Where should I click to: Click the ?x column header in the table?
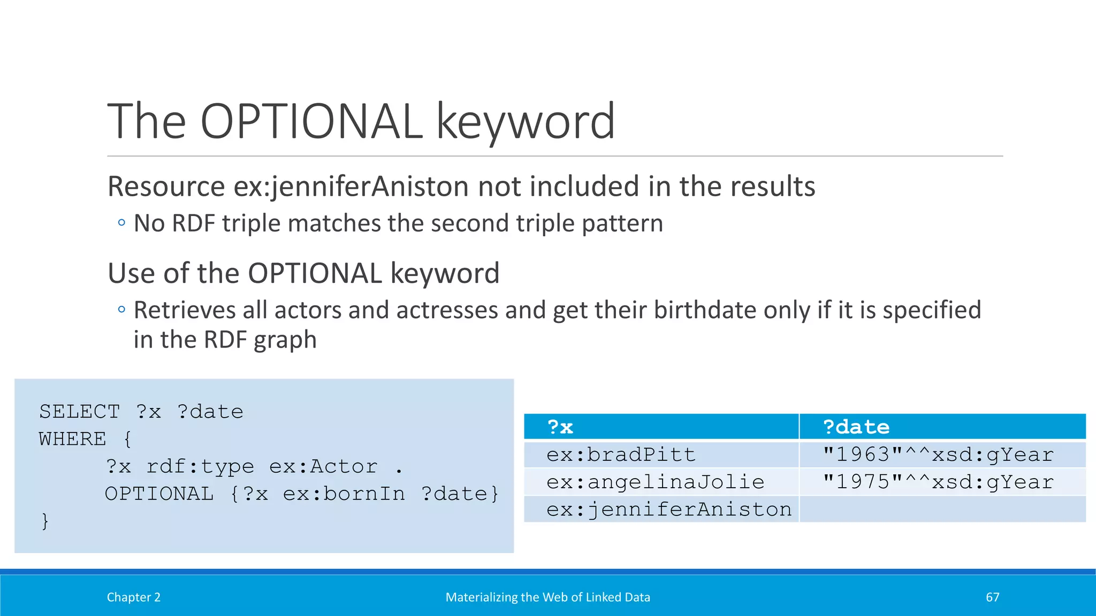(560, 427)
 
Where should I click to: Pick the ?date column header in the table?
(856, 427)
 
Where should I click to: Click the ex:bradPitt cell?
(621, 455)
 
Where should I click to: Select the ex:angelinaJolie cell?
(655, 482)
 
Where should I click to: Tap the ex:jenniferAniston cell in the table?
(668, 510)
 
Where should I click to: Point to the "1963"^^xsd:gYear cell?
(938, 455)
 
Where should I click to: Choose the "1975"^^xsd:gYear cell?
(938, 482)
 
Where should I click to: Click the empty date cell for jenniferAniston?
(942, 510)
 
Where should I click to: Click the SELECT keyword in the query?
(79, 412)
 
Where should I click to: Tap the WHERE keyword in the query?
(72, 439)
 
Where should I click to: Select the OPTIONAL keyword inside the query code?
(159, 494)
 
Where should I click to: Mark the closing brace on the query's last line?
(45, 521)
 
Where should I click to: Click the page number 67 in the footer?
(992, 597)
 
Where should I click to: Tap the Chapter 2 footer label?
(133, 597)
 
